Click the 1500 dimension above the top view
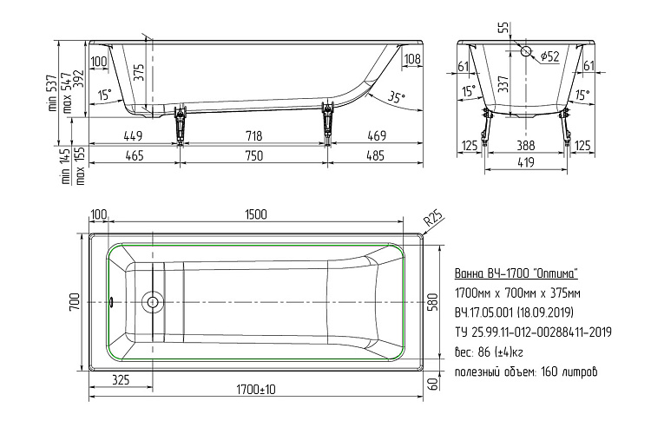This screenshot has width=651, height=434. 256,214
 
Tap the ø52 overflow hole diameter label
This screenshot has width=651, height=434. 549,56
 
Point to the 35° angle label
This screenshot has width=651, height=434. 396,97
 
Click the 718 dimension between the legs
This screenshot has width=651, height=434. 253,135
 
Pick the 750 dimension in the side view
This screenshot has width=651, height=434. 253,155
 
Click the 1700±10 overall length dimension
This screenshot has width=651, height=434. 256,390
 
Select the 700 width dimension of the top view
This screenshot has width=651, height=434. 75,302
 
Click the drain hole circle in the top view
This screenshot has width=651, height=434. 153,302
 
